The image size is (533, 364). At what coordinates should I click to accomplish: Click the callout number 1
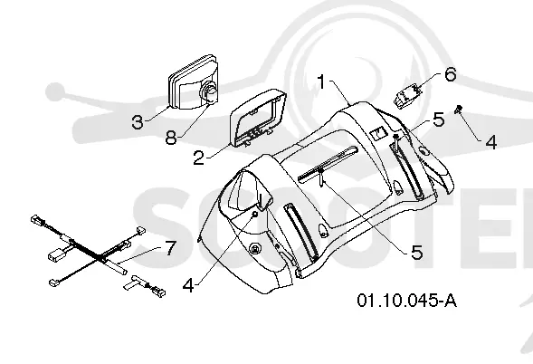click(321, 81)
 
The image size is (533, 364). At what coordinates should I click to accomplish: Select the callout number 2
click(199, 158)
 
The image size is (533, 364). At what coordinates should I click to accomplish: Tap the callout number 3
click(138, 122)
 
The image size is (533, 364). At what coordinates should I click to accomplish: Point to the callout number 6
click(451, 74)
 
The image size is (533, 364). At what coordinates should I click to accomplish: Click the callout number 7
click(171, 247)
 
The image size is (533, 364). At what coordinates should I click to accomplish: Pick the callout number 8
click(171, 138)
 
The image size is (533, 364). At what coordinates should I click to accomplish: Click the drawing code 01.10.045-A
click(406, 301)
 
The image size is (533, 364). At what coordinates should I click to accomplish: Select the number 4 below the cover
click(188, 285)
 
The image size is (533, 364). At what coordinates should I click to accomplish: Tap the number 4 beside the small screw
click(490, 142)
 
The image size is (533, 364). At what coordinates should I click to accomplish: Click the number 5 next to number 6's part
click(439, 120)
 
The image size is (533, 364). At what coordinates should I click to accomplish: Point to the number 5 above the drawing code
click(417, 253)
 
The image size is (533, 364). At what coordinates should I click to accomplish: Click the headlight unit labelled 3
click(193, 81)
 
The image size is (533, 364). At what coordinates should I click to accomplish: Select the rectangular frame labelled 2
click(258, 118)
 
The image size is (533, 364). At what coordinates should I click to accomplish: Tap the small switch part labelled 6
click(408, 95)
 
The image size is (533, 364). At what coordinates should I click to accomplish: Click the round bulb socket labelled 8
click(210, 93)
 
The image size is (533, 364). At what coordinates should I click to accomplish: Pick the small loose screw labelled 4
click(459, 110)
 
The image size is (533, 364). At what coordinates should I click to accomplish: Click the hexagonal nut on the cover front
click(255, 249)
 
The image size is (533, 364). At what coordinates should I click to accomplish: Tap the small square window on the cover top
click(378, 134)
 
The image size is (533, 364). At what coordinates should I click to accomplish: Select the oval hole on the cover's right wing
click(424, 150)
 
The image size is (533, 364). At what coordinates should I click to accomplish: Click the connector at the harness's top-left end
click(35, 219)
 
